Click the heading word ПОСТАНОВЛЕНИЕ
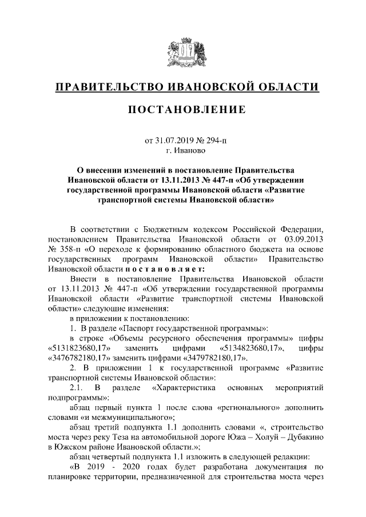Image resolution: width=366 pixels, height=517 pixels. click(x=182, y=109)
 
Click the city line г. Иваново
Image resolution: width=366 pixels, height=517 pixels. click(x=182, y=150)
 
